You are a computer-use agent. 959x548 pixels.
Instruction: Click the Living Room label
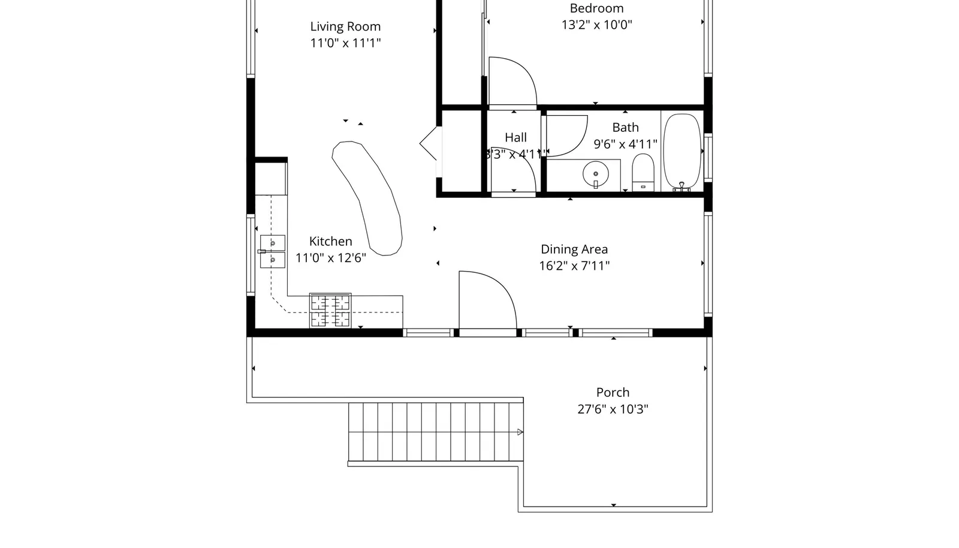(345, 26)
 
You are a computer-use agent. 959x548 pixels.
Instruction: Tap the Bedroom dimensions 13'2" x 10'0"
(596, 25)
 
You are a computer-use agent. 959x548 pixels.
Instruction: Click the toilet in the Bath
(643, 172)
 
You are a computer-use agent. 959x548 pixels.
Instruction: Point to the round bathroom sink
(596, 174)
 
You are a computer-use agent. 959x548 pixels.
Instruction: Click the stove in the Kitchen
(330, 311)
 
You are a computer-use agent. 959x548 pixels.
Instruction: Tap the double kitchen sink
(272, 251)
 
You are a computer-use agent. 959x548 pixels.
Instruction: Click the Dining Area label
(574, 249)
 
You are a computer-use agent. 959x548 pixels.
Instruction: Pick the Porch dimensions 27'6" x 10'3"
(613, 409)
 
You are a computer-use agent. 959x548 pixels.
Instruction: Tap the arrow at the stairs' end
(520, 432)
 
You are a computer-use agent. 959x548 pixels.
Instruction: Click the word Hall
(515, 137)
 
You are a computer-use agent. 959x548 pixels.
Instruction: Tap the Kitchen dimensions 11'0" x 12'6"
(330, 258)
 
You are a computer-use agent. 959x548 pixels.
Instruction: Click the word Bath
(625, 127)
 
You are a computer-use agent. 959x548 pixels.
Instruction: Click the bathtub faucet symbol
(681, 187)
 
